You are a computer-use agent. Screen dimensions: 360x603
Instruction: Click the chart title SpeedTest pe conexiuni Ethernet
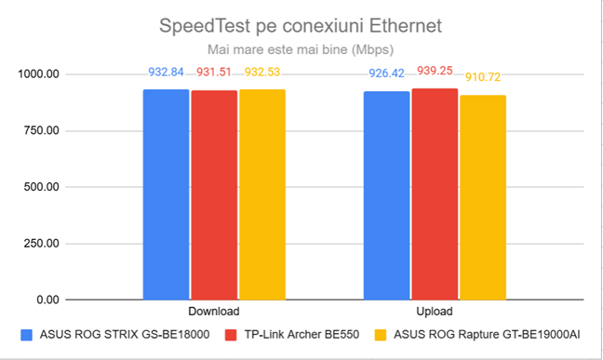tap(301, 22)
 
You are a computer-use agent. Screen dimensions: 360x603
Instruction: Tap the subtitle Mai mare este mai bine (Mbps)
tap(301, 47)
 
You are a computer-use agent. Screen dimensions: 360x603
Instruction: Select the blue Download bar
tap(166, 194)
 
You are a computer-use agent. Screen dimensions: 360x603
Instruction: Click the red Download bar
tap(214, 194)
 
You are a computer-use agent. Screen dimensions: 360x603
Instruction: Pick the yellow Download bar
tap(262, 194)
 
